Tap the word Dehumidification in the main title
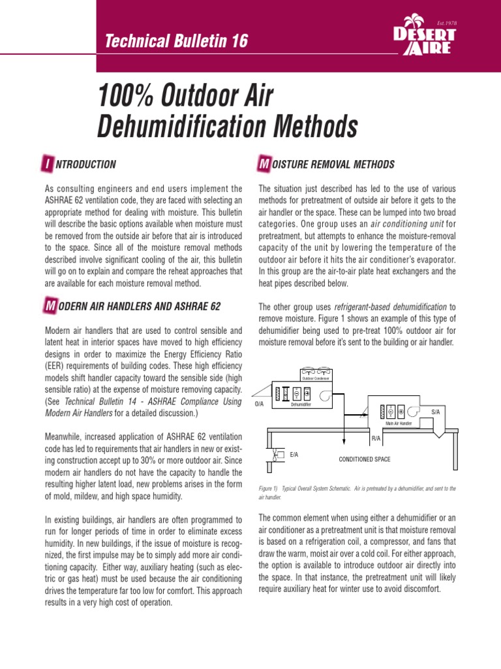tap(228, 127)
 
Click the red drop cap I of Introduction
tap(46, 165)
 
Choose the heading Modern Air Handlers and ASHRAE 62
tap(136, 306)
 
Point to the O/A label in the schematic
tap(258, 404)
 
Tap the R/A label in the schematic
tap(376, 438)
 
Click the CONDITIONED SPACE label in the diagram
tap(364, 459)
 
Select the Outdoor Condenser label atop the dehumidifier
tap(315, 378)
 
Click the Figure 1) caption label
tap(270, 488)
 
